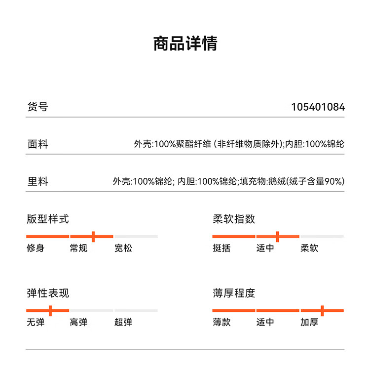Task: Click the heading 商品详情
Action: pyautogui.click(x=185, y=43)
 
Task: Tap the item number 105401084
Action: pyautogui.click(x=318, y=107)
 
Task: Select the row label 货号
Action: pyautogui.click(x=37, y=107)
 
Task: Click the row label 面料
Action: pyautogui.click(x=37, y=144)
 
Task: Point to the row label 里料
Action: pyautogui.click(x=37, y=181)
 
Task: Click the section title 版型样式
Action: pyautogui.click(x=48, y=219)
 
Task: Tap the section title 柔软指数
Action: pyautogui.click(x=234, y=219)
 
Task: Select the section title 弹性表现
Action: pyautogui.click(x=48, y=293)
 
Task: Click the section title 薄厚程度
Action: pyautogui.click(x=234, y=293)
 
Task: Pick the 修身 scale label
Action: pyautogui.click(x=36, y=248)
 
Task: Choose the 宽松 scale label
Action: pyautogui.click(x=123, y=248)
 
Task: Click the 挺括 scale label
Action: pyautogui.click(x=222, y=248)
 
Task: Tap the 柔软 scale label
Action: pyautogui.click(x=309, y=248)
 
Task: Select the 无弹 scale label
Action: pyautogui.click(x=36, y=322)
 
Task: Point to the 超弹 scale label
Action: pyautogui.click(x=123, y=322)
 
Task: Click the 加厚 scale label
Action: pyautogui.click(x=309, y=322)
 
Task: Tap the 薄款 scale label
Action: pyautogui.click(x=222, y=322)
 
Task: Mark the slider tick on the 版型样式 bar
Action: pyautogui.click(x=93, y=237)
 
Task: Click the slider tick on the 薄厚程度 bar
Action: pyautogui.click(x=322, y=311)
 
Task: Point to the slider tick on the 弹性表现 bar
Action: pyautogui.click(x=50, y=311)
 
